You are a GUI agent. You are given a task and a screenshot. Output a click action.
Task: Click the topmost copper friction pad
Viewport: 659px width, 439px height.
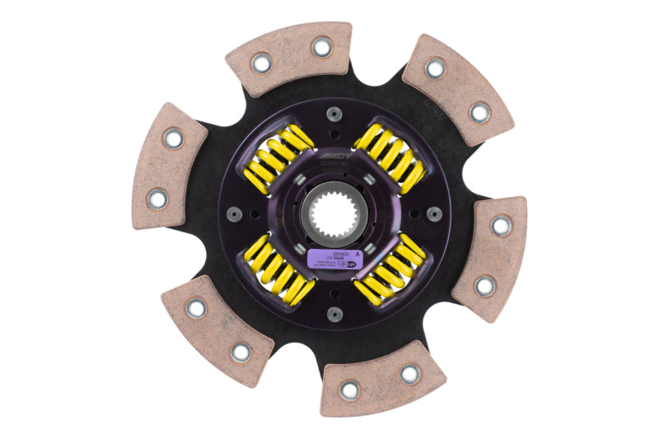point(288,64)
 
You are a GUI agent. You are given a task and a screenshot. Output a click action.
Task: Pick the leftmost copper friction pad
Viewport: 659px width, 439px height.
point(169,165)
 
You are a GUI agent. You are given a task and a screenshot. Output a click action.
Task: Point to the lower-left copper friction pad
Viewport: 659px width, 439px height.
point(216,330)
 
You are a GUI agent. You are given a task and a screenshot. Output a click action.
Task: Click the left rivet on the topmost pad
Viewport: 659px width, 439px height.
point(261,63)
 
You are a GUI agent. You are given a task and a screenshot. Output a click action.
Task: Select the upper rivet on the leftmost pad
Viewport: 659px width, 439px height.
point(174,138)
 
